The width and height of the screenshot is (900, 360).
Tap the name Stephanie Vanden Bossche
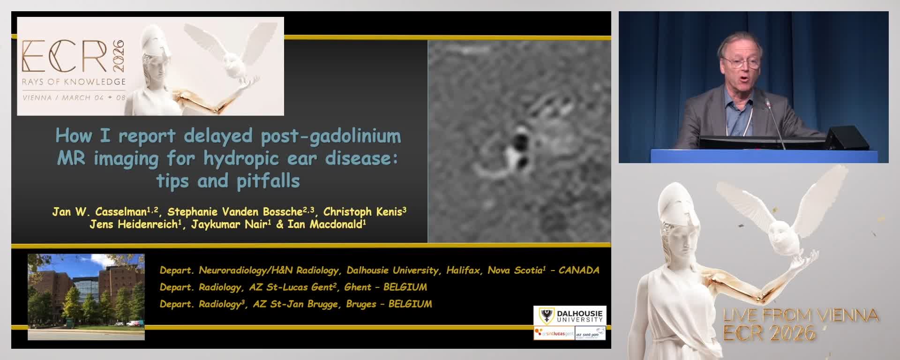coord(234,212)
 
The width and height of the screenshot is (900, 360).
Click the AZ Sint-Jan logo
coord(590,334)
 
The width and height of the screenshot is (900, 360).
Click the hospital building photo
coord(86,296)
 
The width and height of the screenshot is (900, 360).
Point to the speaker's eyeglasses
coord(741,61)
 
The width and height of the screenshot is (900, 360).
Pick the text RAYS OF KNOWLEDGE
coord(74,82)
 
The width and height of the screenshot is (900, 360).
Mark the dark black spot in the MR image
coord(519,140)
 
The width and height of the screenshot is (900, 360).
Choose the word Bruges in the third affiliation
coord(361,304)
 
